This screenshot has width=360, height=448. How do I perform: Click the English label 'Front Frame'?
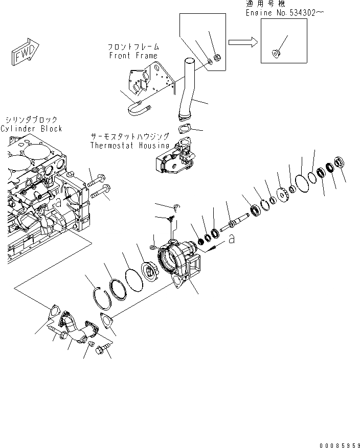[133, 56]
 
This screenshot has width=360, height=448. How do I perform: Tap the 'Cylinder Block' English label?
[31, 129]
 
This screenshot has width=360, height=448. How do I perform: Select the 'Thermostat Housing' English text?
[129, 145]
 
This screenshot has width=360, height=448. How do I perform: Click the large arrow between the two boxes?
[242, 42]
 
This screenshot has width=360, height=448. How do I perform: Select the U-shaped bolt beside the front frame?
[138, 108]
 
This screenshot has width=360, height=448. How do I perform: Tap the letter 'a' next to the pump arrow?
[232, 239]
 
